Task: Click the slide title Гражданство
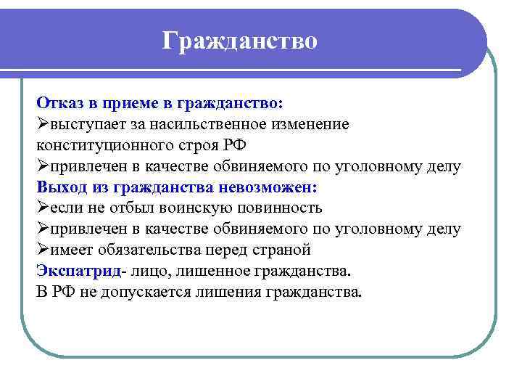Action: point(240,40)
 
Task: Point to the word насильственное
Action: point(208,124)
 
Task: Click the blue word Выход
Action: point(62,187)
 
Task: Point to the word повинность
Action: point(278,208)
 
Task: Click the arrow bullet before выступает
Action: point(42,124)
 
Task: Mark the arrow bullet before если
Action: point(42,208)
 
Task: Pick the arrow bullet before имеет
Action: point(42,250)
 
